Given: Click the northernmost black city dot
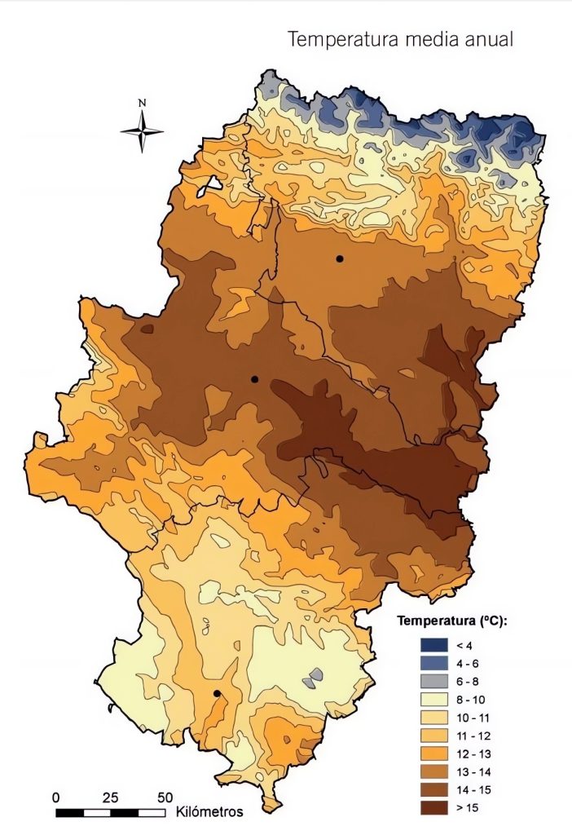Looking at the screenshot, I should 339,258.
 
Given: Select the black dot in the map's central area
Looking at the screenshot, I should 254,379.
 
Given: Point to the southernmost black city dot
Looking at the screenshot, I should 217,693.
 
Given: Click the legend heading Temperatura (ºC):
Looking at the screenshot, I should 452,621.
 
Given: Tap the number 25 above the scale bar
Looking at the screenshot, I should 111,797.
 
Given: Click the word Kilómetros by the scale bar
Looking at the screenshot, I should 209,812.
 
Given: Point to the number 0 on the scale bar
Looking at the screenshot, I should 56,797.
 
